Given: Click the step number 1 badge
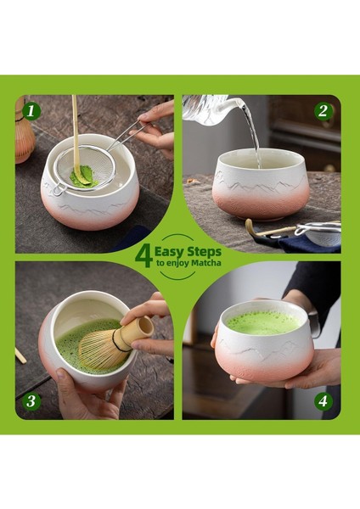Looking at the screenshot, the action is [x=31, y=111].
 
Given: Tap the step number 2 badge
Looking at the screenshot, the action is [x=323, y=111].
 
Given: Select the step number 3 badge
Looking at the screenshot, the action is [x=31, y=401].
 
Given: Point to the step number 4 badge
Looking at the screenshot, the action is [x=323, y=401].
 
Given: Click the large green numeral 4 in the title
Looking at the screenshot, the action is [x=143, y=256].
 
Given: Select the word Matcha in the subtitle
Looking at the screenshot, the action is [x=205, y=263].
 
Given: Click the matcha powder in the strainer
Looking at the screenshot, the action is [x=84, y=176].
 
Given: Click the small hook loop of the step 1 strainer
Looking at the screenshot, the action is [x=58, y=190].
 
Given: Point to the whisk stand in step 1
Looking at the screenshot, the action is [x=24, y=137].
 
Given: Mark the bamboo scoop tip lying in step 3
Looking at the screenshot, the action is [x=20, y=355].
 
